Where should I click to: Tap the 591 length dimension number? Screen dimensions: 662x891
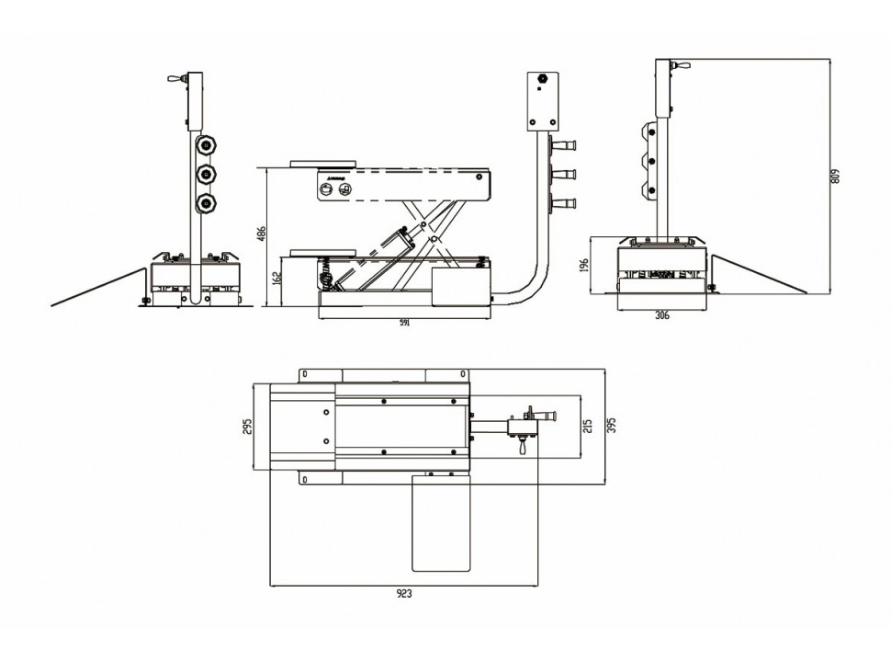[x=403, y=323]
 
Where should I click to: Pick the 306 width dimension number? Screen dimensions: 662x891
[x=661, y=315]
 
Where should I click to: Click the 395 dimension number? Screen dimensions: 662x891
[x=611, y=425]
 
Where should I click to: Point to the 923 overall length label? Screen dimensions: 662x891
[x=405, y=593]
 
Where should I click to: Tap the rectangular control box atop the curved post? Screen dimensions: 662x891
[x=545, y=101]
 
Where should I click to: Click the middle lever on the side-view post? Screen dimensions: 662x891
[x=562, y=173]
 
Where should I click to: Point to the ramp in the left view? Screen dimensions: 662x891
[x=101, y=287]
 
